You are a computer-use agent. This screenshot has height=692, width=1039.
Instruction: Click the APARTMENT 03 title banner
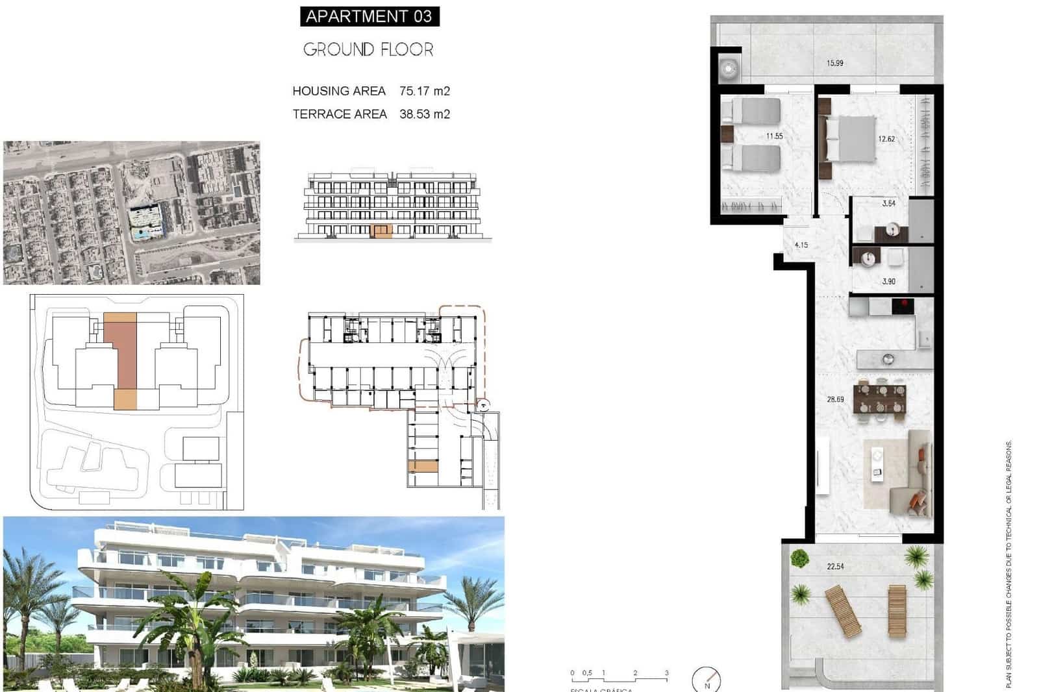369,16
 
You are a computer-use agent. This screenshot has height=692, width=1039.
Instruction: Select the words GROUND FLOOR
368,49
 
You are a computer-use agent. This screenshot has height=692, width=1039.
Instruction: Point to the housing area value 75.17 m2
425,91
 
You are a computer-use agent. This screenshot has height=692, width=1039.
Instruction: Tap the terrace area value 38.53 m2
425,114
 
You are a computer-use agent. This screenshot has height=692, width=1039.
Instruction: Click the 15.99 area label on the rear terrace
835,63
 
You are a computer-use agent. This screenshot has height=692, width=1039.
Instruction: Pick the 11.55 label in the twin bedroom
774,136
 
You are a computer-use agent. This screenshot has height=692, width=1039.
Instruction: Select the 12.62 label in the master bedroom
886,139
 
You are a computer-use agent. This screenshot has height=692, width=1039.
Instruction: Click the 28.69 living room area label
835,399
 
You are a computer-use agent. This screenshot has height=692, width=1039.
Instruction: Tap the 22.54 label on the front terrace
835,567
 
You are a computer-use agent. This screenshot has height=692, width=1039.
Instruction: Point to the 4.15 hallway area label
801,245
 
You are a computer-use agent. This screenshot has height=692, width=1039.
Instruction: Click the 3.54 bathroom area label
888,203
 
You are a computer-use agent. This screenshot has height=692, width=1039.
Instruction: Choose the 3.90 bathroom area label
888,281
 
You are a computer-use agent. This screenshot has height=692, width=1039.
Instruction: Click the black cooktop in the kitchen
903,305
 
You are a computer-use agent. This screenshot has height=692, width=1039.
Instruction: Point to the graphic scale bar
619,679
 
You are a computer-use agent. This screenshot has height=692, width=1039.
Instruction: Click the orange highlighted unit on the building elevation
381,230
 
